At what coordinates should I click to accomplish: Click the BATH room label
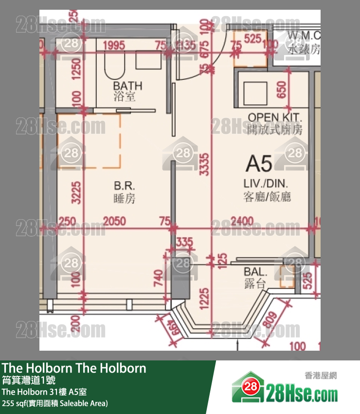pos(128,86)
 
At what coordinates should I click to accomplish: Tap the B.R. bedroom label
pos(124,186)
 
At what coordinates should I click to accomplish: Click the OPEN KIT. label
pos(275,117)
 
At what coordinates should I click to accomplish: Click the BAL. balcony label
pos(255,272)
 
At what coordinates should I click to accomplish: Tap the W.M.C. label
pos(304,36)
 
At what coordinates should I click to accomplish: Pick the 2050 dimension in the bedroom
pos(113,222)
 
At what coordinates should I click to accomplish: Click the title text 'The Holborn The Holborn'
pos(74,368)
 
